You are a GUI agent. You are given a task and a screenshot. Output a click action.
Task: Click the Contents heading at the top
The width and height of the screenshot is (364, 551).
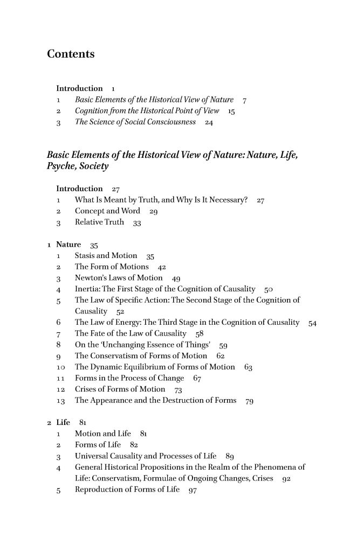[x=71, y=54]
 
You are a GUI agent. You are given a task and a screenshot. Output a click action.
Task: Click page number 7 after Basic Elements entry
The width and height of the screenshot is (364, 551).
[x=245, y=100]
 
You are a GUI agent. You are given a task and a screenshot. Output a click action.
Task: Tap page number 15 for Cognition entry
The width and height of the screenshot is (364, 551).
[x=232, y=112]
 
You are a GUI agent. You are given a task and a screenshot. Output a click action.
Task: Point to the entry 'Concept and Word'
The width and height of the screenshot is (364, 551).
[x=107, y=212]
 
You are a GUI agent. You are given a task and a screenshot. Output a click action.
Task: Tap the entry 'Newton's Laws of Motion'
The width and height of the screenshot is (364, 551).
[x=118, y=278]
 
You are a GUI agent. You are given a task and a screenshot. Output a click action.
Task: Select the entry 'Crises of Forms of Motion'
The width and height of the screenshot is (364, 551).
[x=120, y=389]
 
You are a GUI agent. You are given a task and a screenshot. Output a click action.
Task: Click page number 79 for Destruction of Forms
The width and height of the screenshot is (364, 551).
[x=250, y=401]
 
